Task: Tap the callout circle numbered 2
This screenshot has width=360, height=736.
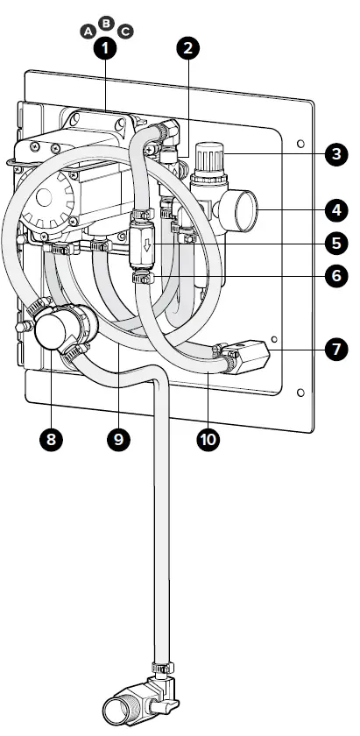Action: click(187, 48)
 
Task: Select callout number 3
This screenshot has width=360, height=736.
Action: click(336, 154)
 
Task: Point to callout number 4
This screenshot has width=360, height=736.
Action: click(336, 210)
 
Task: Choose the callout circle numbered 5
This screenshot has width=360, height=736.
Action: click(336, 244)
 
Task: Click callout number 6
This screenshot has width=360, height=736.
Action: click(336, 275)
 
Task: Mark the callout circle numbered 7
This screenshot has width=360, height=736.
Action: click(336, 350)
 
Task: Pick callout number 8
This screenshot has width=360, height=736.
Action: click(51, 439)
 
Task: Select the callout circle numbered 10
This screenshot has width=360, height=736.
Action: click(208, 439)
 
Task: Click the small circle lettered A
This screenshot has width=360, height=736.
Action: click(88, 32)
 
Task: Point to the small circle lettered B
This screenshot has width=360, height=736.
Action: click(106, 23)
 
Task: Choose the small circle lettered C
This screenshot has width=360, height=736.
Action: click(125, 32)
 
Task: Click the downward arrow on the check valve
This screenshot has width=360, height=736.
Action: click(147, 245)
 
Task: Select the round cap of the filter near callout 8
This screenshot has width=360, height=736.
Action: click(52, 332)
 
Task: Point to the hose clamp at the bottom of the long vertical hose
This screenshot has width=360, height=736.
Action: click(162, 667)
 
